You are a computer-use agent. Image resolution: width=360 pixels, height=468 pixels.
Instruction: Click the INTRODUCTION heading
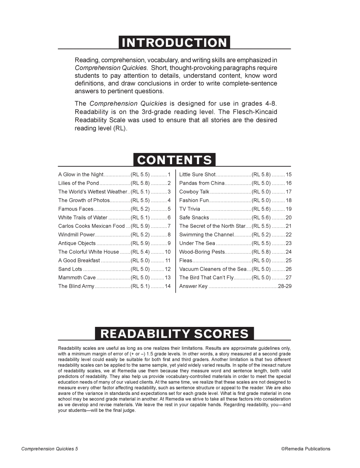point(174,42)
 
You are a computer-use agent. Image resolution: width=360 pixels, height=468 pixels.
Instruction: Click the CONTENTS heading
point(175,160)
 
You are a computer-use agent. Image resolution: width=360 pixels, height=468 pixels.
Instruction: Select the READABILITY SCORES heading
point(174,334)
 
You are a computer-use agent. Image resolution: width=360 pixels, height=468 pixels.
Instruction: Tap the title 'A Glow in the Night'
point(81,175)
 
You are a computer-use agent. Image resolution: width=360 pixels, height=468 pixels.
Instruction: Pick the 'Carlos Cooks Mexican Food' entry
point(91,226)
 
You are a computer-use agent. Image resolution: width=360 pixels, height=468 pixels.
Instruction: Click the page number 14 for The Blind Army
point(168,286)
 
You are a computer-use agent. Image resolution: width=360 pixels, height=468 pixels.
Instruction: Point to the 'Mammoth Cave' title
point(77,278)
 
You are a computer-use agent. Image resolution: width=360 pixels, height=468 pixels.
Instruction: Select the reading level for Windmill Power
point(140,235)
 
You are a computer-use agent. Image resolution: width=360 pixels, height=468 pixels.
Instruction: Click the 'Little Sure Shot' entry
point(197,175)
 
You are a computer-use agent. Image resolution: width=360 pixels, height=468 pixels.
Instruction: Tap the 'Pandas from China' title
point(202,183)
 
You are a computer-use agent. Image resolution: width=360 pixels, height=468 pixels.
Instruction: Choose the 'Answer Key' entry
point(193,286)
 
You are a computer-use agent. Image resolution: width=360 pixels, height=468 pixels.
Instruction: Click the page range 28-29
point(285,286)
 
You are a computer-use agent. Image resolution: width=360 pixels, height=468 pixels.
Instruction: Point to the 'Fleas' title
point(186,260)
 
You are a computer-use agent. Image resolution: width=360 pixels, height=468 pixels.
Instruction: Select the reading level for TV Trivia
point(261,209)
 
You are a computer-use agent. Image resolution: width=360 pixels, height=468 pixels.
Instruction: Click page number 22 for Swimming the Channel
point(288,235)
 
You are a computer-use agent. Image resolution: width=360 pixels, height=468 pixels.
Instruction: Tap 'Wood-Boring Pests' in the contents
point(202,252)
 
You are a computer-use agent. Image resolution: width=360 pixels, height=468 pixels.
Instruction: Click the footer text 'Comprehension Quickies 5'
point(50,449)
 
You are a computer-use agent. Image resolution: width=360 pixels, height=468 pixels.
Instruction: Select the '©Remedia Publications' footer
point(306,449)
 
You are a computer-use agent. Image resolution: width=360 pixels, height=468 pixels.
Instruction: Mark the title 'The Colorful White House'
point(89,252)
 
